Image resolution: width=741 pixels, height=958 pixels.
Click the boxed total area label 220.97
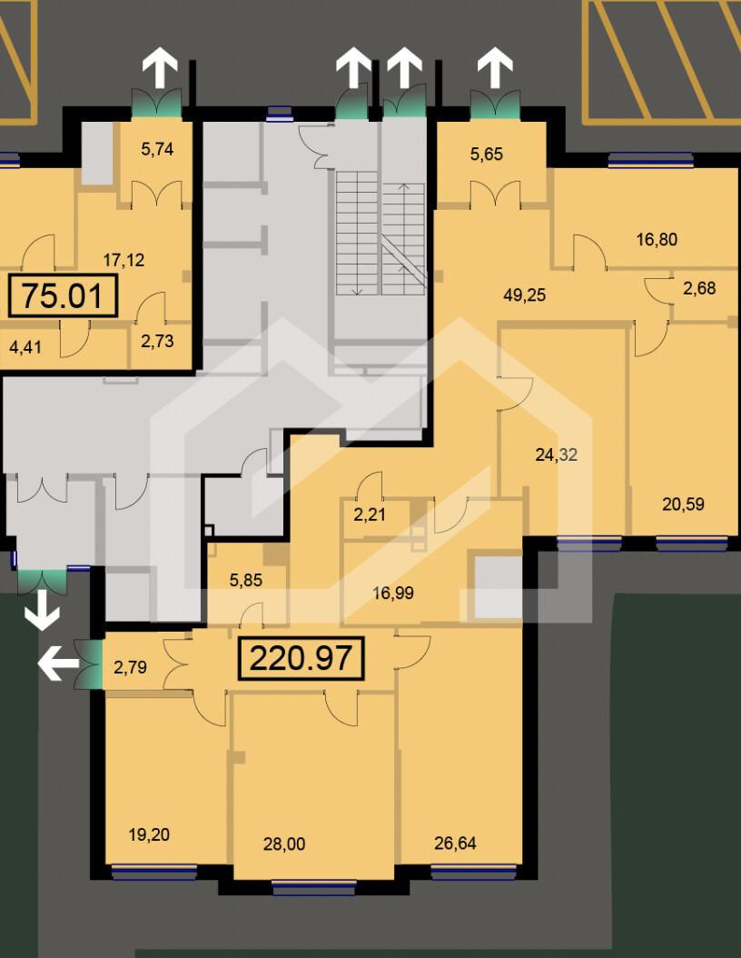point(301,658)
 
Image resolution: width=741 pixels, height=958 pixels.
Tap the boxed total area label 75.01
point(63,295)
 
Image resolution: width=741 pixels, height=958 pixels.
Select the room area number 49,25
point(524,295)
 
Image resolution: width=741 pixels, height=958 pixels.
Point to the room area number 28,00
point(284,844)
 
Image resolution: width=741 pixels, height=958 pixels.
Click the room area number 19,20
point(149,834)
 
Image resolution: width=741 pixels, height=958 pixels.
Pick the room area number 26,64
point(455,843)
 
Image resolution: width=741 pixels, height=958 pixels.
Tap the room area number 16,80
point(657,239)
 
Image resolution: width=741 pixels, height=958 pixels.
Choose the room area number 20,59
point(683,504)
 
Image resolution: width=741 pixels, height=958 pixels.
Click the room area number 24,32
point(556,454)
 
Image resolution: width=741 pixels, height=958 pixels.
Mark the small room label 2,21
point(370,514)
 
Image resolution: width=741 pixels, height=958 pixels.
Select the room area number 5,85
point(245,580)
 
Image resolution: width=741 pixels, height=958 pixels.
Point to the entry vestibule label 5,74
point(157,148)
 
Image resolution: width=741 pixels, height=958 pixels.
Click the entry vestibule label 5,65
point(487,154)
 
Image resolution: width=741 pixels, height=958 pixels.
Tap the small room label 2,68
point(699,288)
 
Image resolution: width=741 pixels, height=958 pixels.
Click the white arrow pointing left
point(59,664)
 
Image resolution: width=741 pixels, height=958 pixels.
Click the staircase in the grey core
point(380,232)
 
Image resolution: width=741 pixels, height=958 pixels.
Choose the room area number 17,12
point(123,260)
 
